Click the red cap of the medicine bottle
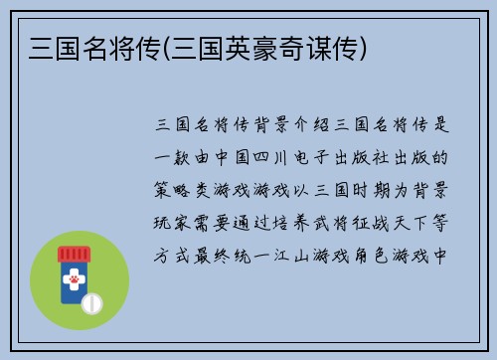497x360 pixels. click(73, 255)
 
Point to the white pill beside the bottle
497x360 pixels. click(92, 300)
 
